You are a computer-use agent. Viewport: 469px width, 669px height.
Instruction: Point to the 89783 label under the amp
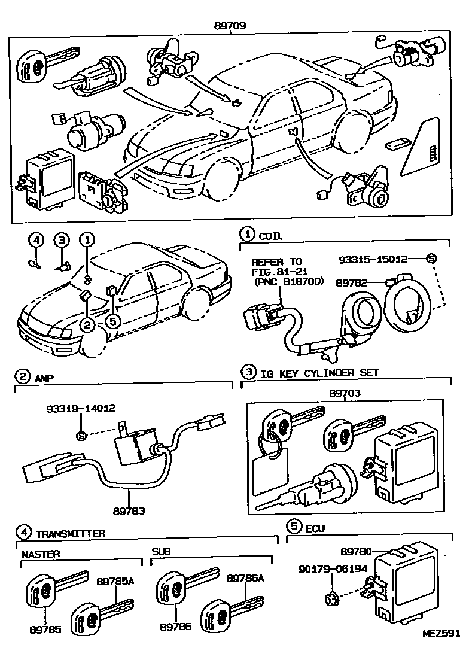(129, 511)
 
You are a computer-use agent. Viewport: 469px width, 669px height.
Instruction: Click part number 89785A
(115, 580)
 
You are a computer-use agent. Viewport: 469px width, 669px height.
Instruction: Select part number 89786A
(245, 577)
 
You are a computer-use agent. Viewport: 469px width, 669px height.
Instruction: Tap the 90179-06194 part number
(332, 569)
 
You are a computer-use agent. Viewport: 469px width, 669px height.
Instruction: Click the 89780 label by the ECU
(357, 551)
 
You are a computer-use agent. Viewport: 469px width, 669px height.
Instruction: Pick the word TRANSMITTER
(70, 533)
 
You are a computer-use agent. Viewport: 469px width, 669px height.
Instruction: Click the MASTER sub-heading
(41, 554)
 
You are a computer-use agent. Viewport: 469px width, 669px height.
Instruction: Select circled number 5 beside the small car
(113, 321)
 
